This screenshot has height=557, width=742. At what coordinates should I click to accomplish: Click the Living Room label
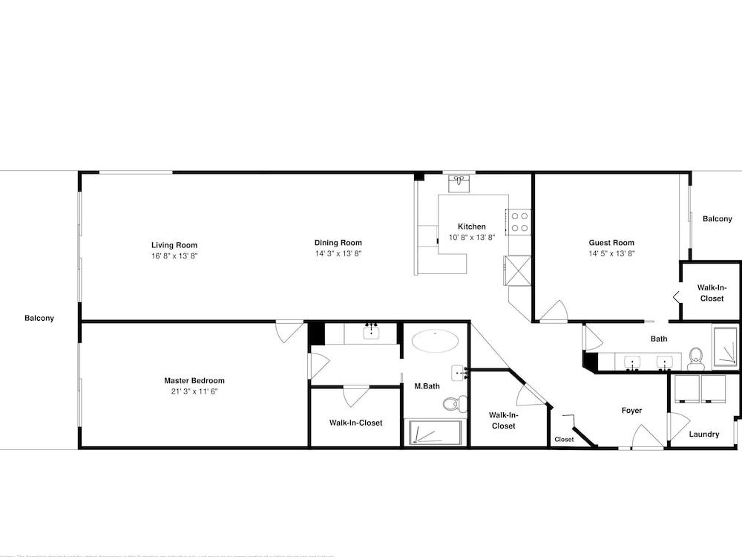[x=174, y=245]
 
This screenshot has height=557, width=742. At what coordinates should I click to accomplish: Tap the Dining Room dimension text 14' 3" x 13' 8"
[x=338, y=254]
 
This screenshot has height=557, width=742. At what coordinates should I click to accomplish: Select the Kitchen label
[x=471, y=227]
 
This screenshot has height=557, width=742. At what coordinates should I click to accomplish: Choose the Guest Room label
[x=611, y=243]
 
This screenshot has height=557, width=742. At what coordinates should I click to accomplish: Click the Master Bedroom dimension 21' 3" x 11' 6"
[x=194, y=391]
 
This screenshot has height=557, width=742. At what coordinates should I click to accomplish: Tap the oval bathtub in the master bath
[x=435, y=342]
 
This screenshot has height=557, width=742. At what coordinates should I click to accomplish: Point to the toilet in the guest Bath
[x=696, y=357]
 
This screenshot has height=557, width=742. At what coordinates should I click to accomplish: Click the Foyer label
[x=631, y=411]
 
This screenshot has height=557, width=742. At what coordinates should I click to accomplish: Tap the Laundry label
[x=703, y=434]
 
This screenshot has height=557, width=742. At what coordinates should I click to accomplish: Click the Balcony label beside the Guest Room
[x=718, y=219]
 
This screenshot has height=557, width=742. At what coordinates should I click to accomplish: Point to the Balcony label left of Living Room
[x=39, y=318]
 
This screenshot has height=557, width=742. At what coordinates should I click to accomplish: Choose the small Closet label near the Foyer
[x=564, y=440]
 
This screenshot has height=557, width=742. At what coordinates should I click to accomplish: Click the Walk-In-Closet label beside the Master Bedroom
[x=355, y=423]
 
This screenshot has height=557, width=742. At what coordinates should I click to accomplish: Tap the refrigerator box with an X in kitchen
[x=517, y=270]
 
